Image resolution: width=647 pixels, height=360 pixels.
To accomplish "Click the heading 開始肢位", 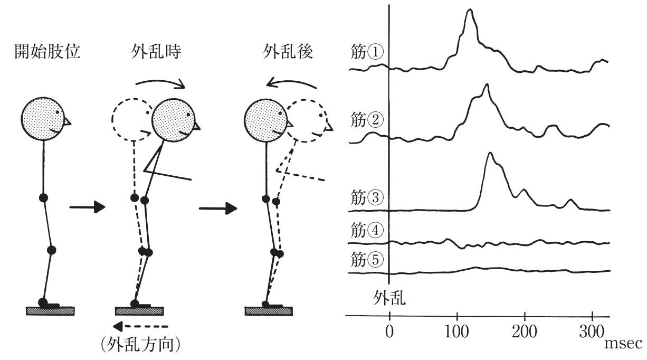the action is pos(47,51).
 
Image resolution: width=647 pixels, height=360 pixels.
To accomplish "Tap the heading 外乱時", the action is pos(156,51).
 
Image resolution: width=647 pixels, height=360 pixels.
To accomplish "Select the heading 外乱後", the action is pos(288,51).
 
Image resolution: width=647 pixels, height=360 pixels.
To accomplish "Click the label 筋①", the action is pos(367,52).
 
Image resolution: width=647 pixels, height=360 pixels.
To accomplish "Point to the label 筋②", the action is pos(367,119).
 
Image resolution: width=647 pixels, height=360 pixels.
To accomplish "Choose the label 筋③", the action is pos(367,197).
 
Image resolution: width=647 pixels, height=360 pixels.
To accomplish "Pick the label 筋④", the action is pos(367,230).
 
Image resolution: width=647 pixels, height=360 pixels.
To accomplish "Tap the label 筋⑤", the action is pos(367,259).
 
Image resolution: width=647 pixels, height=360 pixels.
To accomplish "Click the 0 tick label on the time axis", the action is pos(389,331).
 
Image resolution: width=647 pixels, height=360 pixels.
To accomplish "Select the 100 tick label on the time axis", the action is pos(456,331).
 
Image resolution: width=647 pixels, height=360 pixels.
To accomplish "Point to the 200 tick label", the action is pos(524,331).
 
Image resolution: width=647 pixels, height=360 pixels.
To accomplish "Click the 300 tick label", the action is pos(592,331).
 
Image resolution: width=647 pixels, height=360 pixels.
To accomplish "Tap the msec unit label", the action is pos(623,344).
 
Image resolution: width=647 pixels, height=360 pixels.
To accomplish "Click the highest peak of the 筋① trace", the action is pos(470,10).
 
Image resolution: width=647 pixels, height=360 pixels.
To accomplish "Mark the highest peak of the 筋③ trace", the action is pos(490,153).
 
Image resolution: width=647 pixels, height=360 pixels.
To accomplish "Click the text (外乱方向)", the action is pos(141,344).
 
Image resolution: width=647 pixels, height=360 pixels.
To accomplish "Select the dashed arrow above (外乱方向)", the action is pos(140,327).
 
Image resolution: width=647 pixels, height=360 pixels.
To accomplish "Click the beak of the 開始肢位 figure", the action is pos(67,122).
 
